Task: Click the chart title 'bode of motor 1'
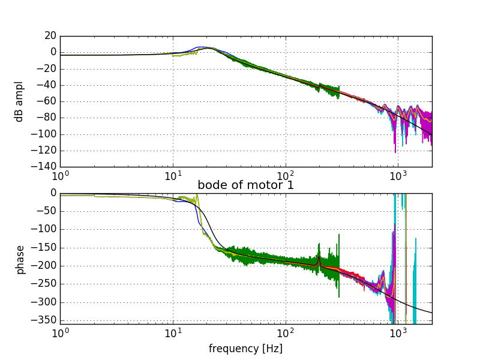(246, 185)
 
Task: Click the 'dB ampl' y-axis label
(20, 101)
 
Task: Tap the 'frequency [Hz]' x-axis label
(245, 349)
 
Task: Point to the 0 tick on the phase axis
(53, 193)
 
